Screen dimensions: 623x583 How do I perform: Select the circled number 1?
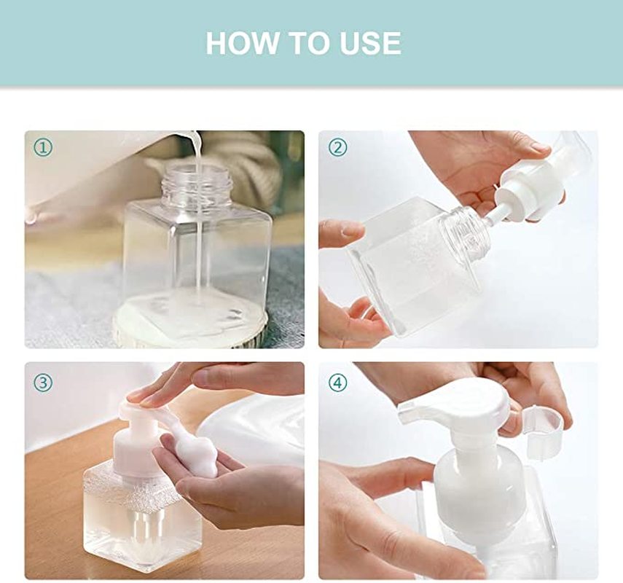click(x=43, y=148)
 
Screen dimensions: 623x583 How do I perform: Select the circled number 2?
click(x=337, y=147)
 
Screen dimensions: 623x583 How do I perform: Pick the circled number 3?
click(x=43, y=383)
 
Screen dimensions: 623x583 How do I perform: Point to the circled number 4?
click(x=337, y=383)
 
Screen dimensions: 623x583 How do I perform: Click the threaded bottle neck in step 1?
click(x=197, y=184)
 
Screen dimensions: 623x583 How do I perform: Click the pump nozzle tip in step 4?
click(x=406, y=413)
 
